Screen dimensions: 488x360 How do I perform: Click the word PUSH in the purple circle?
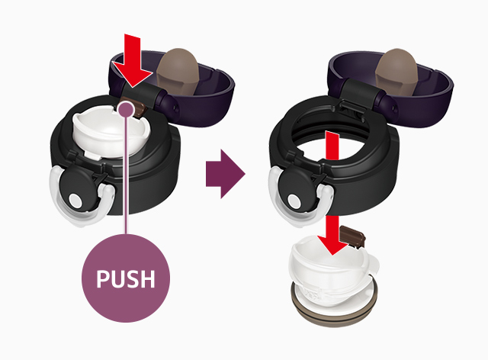(125, 278)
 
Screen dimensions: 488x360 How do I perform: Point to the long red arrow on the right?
(332, 193)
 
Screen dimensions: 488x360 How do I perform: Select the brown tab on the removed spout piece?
(352, 237)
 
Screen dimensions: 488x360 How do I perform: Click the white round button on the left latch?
(75, 201)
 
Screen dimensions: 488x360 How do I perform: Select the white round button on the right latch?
(294, 201)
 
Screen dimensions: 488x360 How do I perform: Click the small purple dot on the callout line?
(125, 109)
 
